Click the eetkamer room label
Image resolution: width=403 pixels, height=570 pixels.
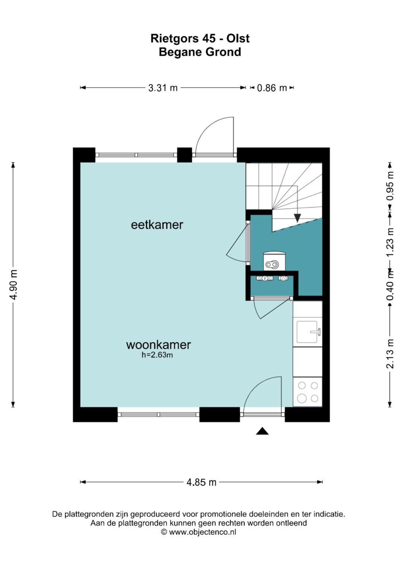coord(157,225)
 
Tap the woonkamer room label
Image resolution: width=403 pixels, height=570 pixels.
coord(158,345)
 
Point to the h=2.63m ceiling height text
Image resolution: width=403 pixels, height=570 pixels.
coord(157,355)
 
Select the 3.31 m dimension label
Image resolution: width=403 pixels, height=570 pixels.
coord(163,88)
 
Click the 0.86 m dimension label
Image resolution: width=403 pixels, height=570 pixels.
coord(272,88)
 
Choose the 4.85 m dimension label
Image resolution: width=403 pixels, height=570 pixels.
coord(201,482)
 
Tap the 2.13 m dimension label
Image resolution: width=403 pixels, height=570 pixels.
coord(390,354)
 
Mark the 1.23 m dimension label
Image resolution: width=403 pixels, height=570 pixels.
coord(390,242)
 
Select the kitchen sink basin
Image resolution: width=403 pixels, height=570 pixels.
coord(307,332)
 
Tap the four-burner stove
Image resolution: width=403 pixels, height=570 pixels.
coord(307,392)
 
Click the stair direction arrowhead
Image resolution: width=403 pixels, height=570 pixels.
coord(297,218)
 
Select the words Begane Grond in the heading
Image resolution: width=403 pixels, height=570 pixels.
coord(200,52)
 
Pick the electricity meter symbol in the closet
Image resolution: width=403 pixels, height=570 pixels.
coord(265,278)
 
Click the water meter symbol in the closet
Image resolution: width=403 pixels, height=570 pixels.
coord(283,278)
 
